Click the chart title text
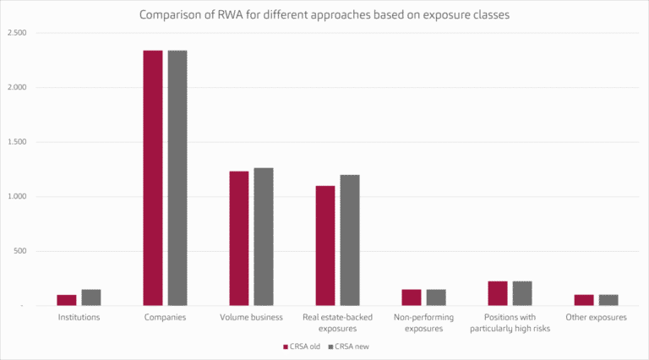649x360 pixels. click(324, 14)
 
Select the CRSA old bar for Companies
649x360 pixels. click(153, 177)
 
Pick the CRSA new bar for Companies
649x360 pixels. click(177, 177)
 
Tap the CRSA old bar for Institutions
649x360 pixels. click(67, 300)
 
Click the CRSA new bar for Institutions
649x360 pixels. click(91, 297)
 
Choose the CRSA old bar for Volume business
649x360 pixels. click(239, 238)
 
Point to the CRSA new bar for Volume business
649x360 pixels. click(264, 237)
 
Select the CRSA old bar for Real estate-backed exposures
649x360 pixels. click(325, 245)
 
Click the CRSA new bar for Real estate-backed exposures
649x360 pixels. click(350, 240)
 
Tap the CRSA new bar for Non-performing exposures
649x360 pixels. click(436, 297)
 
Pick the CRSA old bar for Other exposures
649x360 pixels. click(584, 300)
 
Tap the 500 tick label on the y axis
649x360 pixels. click(19, 251)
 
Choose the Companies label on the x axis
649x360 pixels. click(165, 318)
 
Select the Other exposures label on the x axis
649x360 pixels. click(597, 318)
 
